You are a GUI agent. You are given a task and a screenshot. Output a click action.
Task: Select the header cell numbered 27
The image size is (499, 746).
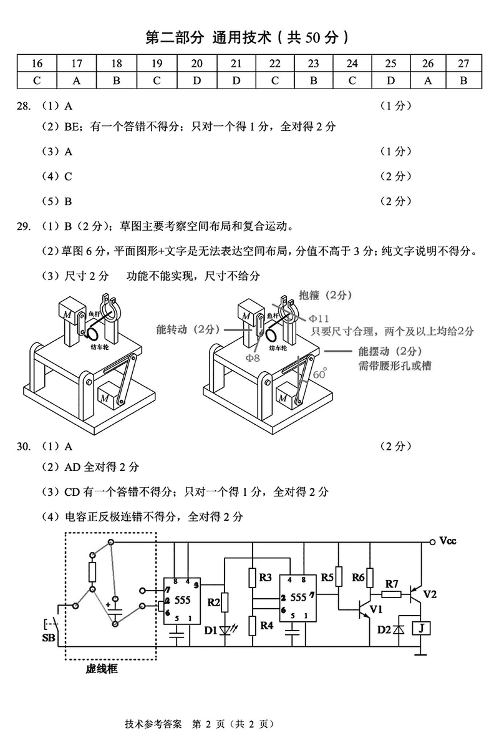pyautogui.click(x=462, y=63)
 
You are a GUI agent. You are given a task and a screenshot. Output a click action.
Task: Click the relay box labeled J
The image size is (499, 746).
pyautogui.click(x=422, y=628)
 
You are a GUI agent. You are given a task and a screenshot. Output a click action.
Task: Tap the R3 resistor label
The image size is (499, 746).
pyautogui.click(x=266, y=578)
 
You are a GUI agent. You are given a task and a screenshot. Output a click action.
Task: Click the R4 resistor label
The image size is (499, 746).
pyautogui.click(x=266, y=624)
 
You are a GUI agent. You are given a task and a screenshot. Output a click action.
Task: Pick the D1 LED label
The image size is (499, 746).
pyautogui.click(x=211, y=630)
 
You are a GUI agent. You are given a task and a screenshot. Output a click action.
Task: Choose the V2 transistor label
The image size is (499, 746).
pyautogui.click(x=430, y=594)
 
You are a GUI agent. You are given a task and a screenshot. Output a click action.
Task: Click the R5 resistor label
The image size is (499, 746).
pyautogui.click(x=327, y=578)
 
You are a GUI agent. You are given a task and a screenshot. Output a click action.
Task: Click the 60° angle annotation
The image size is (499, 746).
pyautogui.click(x=320, y=374)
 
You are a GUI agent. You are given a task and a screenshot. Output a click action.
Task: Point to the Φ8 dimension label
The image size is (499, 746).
pyautogui.click(x=252, y=357)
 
